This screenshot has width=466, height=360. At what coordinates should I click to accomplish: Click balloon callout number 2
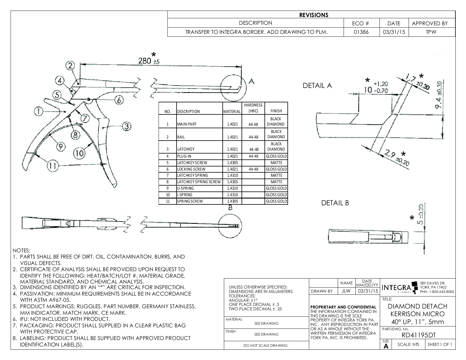point(70,66)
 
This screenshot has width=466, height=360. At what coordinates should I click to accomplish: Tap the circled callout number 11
point(52,166)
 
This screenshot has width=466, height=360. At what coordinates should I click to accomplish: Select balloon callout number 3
point(127,126)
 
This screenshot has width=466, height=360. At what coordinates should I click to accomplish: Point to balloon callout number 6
point(119,100)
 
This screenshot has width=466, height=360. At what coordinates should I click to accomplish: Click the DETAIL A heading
point(317,86)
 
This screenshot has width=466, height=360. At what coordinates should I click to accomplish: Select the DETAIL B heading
point(335,203)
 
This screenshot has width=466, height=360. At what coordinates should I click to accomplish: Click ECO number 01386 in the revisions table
point(362,32)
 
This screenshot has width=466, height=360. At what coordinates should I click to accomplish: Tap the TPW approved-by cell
point(431,32)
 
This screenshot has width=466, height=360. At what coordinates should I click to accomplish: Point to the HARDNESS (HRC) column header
point(253,108)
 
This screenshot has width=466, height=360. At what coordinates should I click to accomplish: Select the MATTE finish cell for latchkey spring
point(276,175)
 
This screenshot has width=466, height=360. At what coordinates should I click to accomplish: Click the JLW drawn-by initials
point(346,291)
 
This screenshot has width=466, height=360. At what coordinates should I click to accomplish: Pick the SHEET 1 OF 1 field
point(440,344)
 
